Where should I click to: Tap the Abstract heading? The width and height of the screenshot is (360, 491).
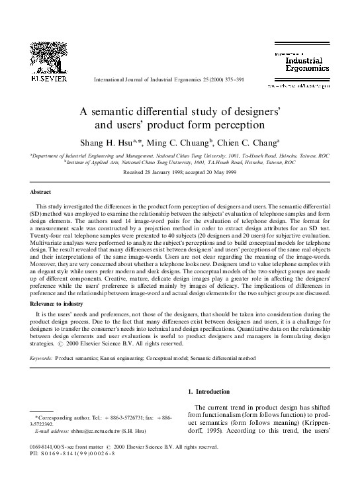(x=42, y=192)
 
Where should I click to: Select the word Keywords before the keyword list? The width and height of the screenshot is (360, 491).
(x=42, y=358)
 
